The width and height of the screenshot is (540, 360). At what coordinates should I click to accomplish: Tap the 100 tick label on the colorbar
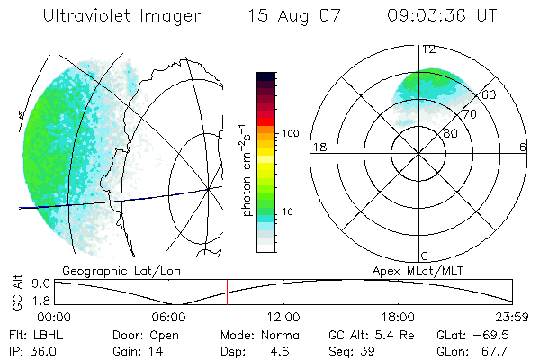click(x=291, y=133)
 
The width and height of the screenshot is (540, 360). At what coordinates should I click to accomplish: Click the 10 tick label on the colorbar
click(x=288, y=211)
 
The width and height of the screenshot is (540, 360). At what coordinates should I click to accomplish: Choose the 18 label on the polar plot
click(x=318, y=147)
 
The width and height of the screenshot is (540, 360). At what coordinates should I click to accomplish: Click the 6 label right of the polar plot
click(x=524, y=147)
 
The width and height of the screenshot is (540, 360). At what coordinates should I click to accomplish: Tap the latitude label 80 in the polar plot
click(x=450, y=134)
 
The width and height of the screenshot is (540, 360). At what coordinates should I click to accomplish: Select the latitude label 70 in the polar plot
click(x=469, y=114)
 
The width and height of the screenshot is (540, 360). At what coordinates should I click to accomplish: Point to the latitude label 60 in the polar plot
click(x=489, y=94)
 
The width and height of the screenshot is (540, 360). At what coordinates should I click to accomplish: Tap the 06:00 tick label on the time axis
click(x=169, y=317)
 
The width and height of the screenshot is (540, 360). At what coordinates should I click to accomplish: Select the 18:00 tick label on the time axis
click(x=398, y=317)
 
